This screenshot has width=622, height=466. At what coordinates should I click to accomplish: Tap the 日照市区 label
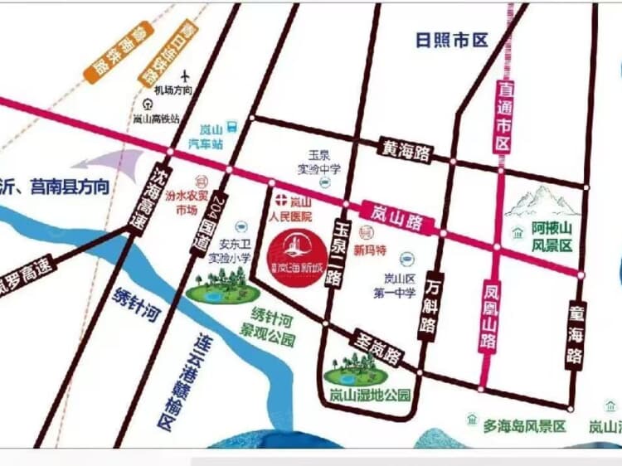click(x=454, y=40)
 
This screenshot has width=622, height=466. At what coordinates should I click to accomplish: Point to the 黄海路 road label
click(x=406, y=149)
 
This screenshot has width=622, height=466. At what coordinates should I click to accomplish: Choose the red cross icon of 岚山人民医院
click(x=280, y=199)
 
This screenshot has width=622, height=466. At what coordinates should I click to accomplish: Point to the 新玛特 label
click(x=370, y=249)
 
